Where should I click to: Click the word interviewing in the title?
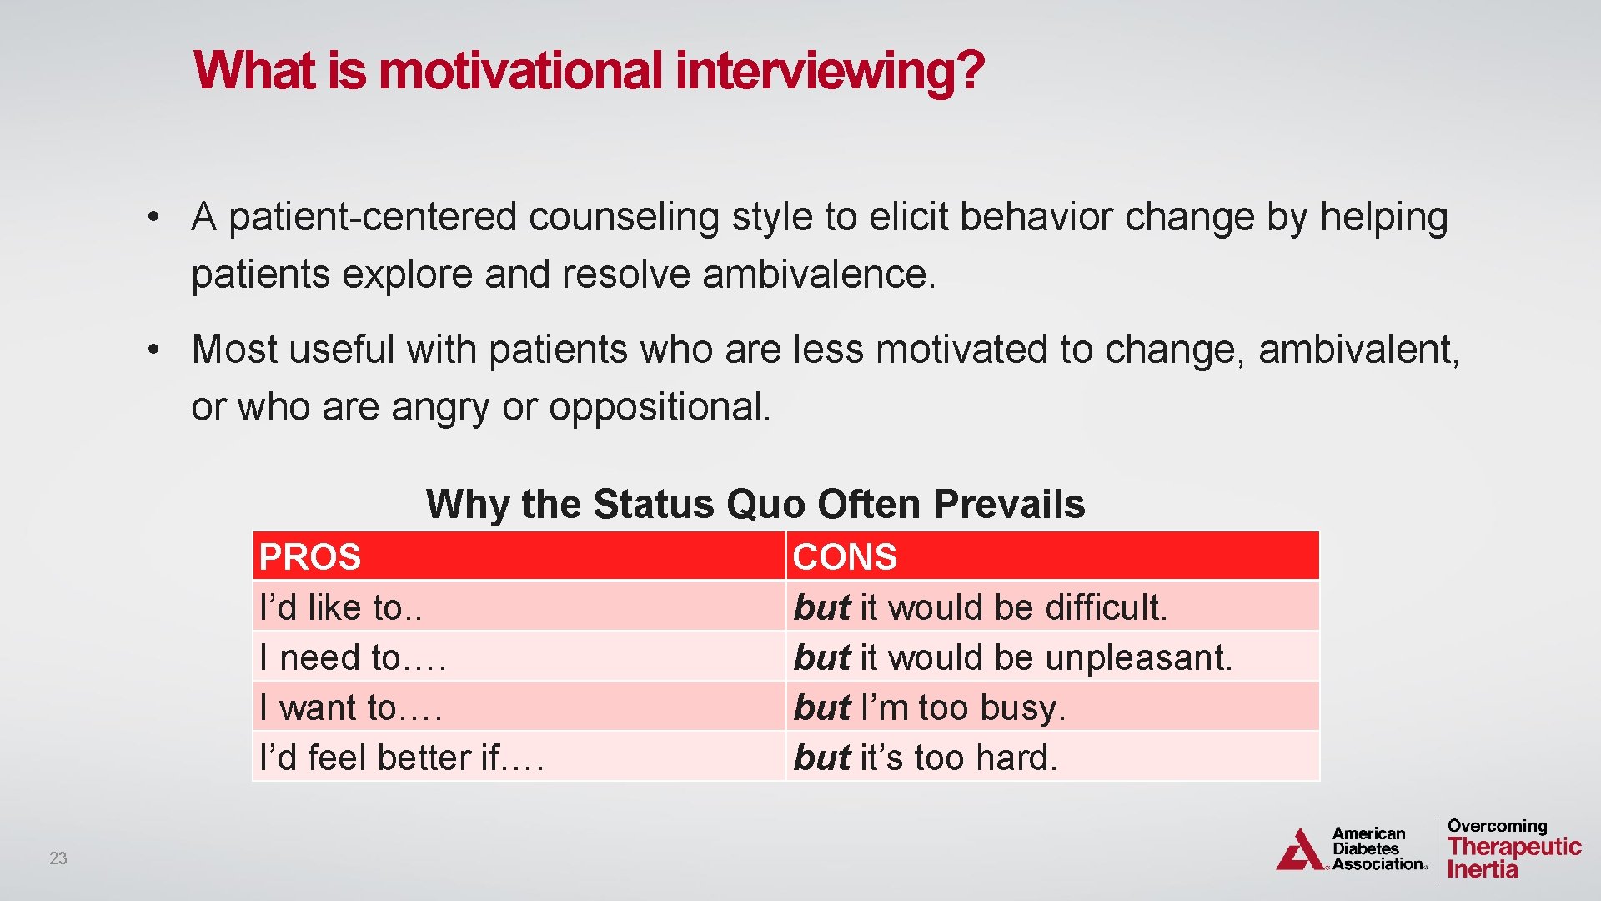tap(830, 71)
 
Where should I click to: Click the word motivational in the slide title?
tap(520, 71)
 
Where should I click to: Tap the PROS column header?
tap(310, 557)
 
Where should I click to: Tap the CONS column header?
tap(845, 557)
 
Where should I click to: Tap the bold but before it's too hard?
tap(821, 758)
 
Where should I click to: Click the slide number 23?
tap(58, 858)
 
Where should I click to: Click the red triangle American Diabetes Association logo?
tap(1299, 851)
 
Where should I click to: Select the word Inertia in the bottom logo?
tap(1482, 869)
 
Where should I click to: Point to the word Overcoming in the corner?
tap(1497, 826)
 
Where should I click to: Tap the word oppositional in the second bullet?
tap(659, 407)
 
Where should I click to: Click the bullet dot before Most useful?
tap(153, 350)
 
